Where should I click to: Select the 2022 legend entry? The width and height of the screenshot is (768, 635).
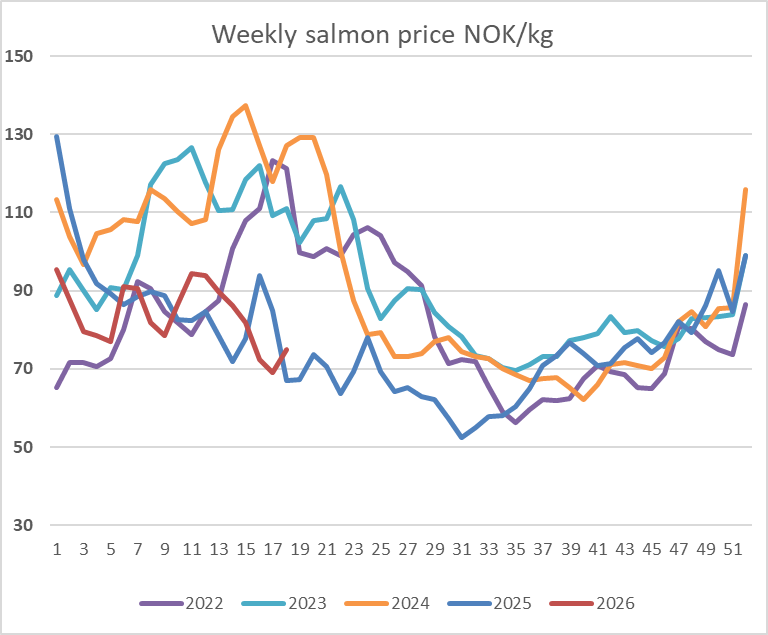click(x=195, y=603)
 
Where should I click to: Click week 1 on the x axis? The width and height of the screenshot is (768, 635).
click(x=57, y=548)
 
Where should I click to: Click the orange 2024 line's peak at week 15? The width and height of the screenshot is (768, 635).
click(x=246, y=105)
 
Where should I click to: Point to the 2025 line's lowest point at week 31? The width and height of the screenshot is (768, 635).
click(x=462, y=437)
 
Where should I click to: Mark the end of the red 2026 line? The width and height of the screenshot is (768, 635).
click(x=287, y=350)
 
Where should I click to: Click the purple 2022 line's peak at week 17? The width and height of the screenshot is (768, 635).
click(x=273, y=161)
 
